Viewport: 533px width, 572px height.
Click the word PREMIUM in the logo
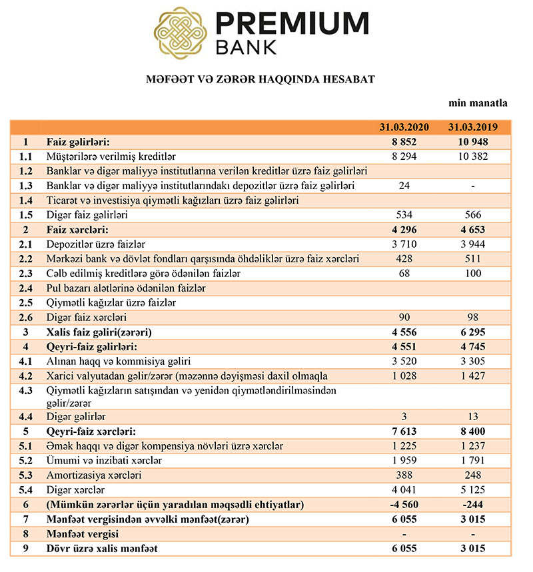coord(292,24)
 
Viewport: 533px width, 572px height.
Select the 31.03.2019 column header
coord(472,127)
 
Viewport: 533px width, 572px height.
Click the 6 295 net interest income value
coord(472,332)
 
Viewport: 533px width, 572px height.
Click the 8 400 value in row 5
coord(472,431)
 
